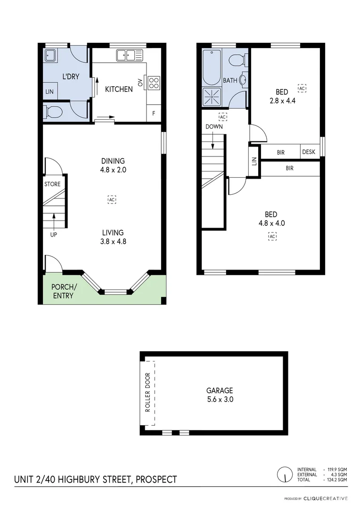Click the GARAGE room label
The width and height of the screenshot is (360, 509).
220,390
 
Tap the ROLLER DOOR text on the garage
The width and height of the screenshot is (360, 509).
147,393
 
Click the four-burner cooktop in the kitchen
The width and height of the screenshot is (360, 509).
154,83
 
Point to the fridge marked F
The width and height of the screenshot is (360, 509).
154,114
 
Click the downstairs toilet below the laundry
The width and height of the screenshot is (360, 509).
53,112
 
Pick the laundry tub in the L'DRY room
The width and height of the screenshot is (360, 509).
50,56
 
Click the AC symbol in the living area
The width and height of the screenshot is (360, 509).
112,199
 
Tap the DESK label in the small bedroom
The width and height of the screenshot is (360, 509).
309,152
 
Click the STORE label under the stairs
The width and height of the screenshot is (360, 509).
52,184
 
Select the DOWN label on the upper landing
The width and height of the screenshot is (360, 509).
214,127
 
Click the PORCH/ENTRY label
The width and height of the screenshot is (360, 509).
63,291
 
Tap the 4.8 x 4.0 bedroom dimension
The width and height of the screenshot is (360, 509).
272,223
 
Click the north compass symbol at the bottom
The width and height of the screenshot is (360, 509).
285,474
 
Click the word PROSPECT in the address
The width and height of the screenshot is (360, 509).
157,479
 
